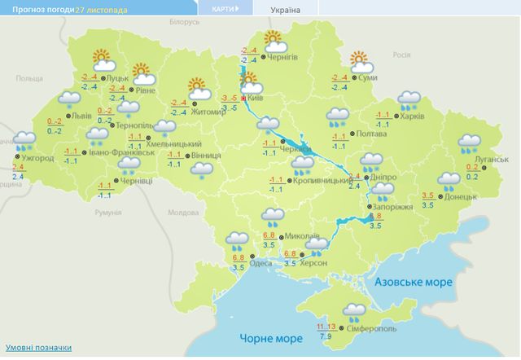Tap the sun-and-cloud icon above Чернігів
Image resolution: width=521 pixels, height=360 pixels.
click(271, 40)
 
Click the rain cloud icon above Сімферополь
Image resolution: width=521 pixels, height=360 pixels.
click(354, 310)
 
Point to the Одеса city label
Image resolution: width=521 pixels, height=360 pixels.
click(260, 262)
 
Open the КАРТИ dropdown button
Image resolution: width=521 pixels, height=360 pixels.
click(225, 9)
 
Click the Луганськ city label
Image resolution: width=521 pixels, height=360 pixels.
click(491, 160)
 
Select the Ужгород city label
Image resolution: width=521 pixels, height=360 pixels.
click(37, 157)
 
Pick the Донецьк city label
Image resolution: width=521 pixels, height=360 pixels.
click(462, 196)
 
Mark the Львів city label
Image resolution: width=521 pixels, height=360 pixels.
click(82, 116)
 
